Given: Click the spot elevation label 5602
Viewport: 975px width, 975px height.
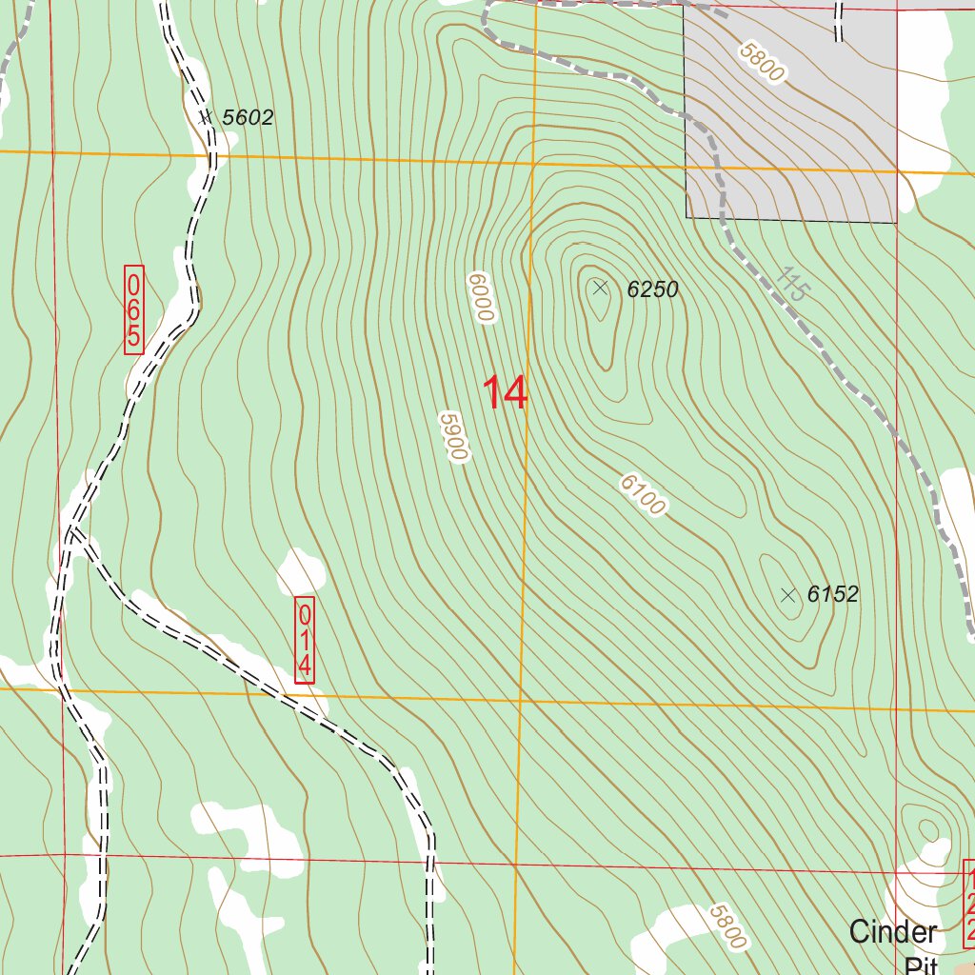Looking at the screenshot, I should pos(248,118).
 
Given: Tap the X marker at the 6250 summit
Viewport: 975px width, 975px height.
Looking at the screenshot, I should pos(600,288).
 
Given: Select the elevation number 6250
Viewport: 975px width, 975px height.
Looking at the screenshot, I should pos(652,289).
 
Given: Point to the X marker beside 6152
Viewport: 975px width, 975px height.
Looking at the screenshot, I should pos(787,595).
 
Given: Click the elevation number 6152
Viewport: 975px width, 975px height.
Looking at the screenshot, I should pos(832,595).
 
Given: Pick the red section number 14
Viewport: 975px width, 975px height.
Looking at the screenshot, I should pos(505,393).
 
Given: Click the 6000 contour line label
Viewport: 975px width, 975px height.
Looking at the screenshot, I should pos(482,297).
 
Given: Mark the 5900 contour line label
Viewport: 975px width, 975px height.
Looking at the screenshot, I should pos(454,436).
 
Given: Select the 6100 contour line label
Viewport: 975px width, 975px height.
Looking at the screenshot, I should pos(643,495).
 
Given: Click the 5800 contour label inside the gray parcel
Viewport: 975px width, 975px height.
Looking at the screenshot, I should pos(762,62).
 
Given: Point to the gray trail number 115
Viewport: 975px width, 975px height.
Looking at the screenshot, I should pos(790,284).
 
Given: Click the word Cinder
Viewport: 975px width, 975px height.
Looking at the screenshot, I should pos(892,931).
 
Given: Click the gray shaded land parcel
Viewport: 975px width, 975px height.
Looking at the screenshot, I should pos(809,143).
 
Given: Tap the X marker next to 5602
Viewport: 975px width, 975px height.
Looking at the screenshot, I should pos(205,117).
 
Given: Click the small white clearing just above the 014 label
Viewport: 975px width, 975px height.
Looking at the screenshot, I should pos(301,572).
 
